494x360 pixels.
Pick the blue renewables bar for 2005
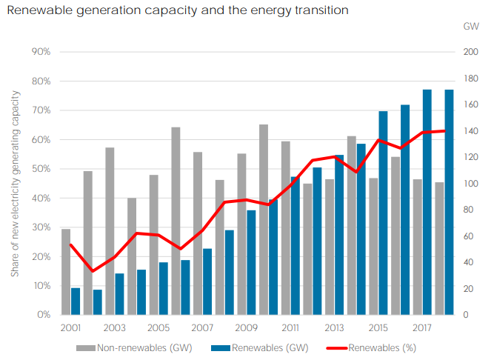tap(164, 288)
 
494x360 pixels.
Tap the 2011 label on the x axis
tap(290, 327)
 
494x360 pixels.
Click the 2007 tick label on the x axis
tap(202, 327)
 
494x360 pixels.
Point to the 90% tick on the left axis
tap(41, 52)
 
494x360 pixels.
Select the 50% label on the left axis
tap(41, 169)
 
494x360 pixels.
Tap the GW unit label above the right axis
tap(470, 27)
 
